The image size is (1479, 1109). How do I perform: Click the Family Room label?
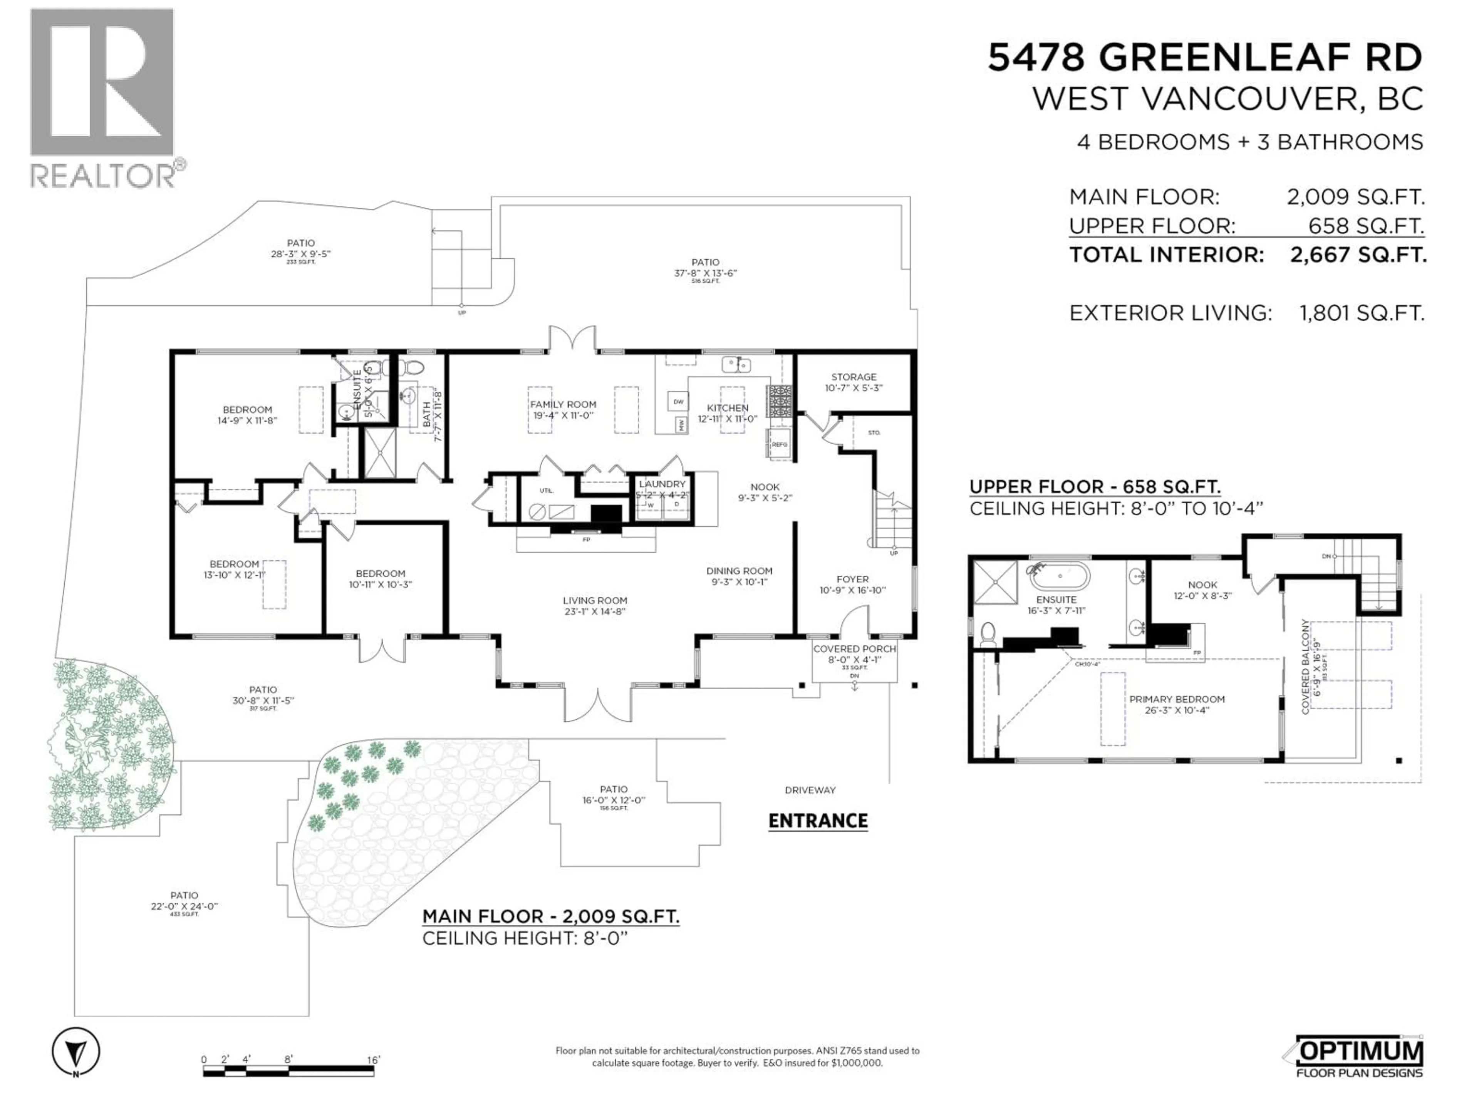click(563, 404)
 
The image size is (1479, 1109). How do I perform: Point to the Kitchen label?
click(728, 408)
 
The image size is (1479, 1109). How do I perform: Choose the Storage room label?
click(853, 377)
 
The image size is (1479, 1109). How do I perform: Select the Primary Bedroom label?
click(1176, 699)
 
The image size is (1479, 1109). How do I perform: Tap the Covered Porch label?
click(854, 649)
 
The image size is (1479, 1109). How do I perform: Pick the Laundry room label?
click(662, 484)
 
